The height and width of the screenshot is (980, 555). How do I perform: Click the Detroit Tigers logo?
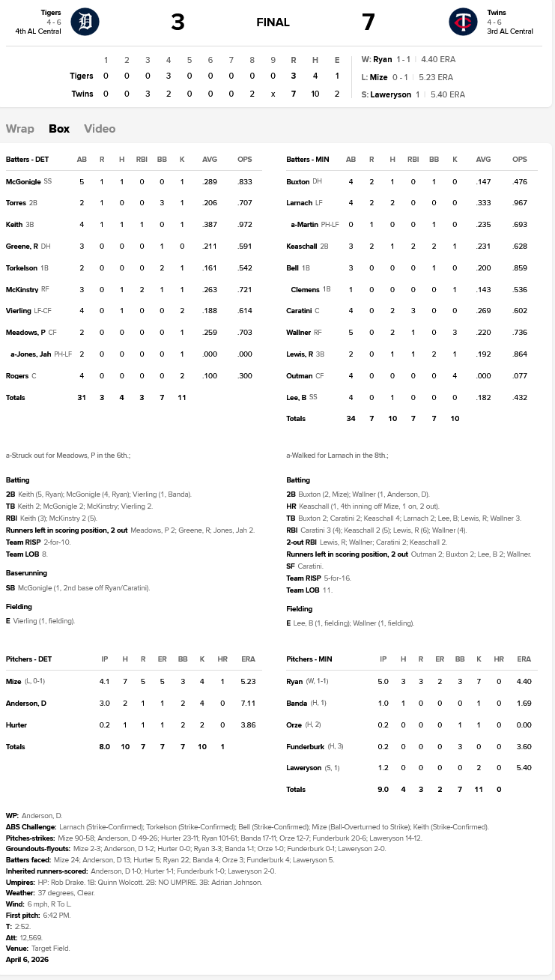click(85, 22)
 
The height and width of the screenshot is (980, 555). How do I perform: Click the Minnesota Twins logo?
click(463, 22)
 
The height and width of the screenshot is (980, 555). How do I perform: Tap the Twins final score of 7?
click(368, 22)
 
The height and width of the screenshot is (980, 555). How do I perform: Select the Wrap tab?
click(20, 129)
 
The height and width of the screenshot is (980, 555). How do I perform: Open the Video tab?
click(100, 129)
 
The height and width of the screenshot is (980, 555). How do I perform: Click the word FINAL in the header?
click(273, 22)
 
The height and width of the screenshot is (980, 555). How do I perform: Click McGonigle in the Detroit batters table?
click(23, 182)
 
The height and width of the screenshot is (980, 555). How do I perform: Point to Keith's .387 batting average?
click(210, 225)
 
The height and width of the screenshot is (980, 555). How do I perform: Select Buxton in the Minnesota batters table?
click(297, 182)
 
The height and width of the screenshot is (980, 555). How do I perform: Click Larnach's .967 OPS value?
click(520, 203)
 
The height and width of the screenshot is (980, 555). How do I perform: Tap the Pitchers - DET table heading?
click(28, 659)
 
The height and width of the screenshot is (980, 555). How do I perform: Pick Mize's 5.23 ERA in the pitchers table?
click(248, 682)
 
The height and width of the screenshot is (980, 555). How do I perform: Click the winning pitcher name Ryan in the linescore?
click(382, 59)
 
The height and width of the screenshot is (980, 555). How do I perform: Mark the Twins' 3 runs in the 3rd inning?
click(148, 94)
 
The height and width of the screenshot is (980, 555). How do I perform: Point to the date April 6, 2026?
click(27, 959)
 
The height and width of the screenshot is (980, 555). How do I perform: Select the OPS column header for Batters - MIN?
click(520, 160)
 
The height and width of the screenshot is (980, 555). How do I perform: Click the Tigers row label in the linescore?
click(81, 76)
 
